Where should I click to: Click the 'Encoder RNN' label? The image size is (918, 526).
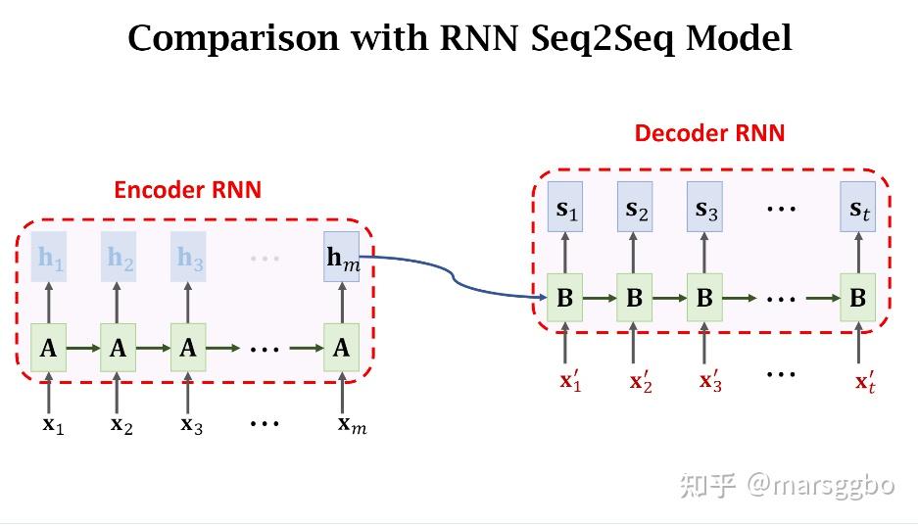pyautogui.click(x=187, y=190)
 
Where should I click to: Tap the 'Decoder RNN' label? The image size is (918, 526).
pyautogui.click(x=709, y=133)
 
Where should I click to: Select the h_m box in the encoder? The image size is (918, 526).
pyautogui.click(x=342, y=257)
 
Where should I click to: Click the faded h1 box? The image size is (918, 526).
pyautogui.click(x=49, y=257)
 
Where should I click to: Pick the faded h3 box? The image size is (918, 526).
pyautogui.click(x=188, y=257)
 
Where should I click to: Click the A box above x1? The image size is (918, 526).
pyautogui.click(x=49, y=348)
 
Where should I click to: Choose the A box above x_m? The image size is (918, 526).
pyautogui.click(x=342, y=348)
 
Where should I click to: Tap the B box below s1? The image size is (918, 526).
pyautogui.click(x=565, y=297)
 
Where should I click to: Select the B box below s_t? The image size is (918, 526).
pyautogui.click(x=857, y=297)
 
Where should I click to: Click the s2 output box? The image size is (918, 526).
pyautogui.click(x=635, y=207)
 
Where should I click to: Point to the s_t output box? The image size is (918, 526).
pyautogui.click(x=857, y=207)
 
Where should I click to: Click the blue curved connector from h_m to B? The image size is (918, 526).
pyautogui.click(x=452, y=276)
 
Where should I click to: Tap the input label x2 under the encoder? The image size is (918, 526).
pyautogui.click(x=121, y=425)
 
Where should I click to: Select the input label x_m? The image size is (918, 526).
pyautogui.click(x=352, y=425)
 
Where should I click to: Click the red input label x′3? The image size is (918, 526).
pyautogui.click(x=710, y=381)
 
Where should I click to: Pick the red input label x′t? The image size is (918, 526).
pyautogui.click(x=865, y=382)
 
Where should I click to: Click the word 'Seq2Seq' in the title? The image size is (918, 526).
pyautogui.click(x=604, y=38)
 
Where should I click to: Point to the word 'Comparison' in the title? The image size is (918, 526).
pyautogui.click(x=233, y=38)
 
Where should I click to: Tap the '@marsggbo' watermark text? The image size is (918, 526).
pyautogui.click(x=821, y=486)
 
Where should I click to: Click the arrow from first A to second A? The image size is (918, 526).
pyautogui.click(x=83, y=348)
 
